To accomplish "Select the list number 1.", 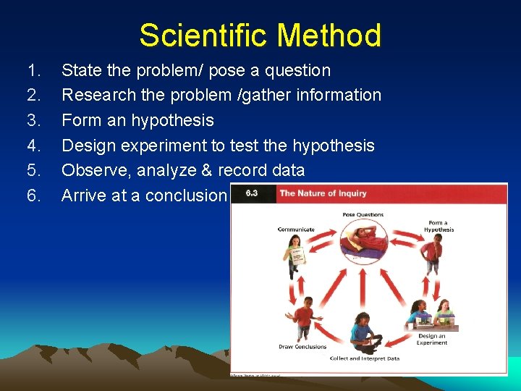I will coord(33,70).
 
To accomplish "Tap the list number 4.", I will coord(33,146).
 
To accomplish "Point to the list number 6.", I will coord(33,195).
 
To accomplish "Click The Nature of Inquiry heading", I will coord(323,193).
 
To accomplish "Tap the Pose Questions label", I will coord(363,215).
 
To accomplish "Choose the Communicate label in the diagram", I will coord(296,230).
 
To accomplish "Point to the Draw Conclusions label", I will coord(303,347).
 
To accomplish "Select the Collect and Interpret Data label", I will coord(364,358).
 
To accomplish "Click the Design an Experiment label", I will coord(431,340).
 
